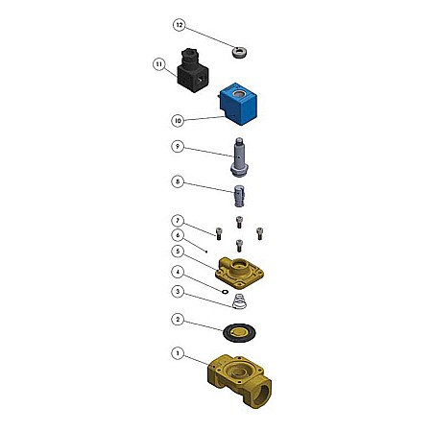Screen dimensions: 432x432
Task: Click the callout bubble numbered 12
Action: (x=180, y=25)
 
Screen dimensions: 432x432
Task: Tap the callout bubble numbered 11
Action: (x=159, y=64)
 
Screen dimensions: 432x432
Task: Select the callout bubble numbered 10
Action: (x=178, y=121)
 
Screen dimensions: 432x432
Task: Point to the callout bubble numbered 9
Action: (x=178, y=147)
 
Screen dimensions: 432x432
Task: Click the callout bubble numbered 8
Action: (x=178, y=181)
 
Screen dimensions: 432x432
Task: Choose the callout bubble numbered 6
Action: (x=178, y=235)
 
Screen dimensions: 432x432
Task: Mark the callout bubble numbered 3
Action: (x=178, y=292)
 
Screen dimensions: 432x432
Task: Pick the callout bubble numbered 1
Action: (x=178, y=353)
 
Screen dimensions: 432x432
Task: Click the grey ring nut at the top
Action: (x=240, y=52)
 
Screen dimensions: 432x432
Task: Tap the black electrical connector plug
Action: (x=193, y=70)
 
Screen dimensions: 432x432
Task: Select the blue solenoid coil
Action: (x=238, y=104)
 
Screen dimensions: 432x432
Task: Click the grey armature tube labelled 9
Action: (x=239, y=156)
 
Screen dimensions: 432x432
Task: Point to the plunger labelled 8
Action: (x=239, y=196)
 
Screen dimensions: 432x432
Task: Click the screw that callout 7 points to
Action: (x=219, y=233)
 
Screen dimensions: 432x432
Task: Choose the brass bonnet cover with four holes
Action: (x=239, y=273)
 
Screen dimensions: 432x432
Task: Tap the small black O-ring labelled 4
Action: (x=225, y=292)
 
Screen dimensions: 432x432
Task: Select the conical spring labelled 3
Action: (x=239, y=301)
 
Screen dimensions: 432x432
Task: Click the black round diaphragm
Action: (x=239, y=333)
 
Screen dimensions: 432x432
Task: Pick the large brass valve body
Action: (x=239, y=380)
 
